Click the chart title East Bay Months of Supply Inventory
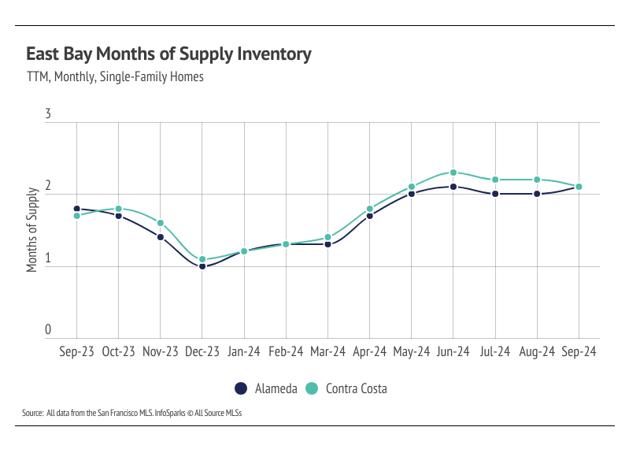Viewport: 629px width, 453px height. click(168, 54)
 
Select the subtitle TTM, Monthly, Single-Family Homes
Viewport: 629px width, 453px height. click(115, 77)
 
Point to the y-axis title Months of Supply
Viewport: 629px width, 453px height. click(32, 230)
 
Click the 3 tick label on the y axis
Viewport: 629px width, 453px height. click(48, 115)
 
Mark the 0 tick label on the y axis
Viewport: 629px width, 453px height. click(48, 331)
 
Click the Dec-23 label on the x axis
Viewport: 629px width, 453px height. click(202, 353)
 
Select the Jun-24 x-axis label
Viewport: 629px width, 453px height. click(453, 353)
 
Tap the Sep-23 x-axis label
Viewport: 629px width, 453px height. click(76, 353)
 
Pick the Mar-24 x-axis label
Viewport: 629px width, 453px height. click(327, 353)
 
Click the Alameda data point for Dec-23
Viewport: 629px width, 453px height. click(202, 266)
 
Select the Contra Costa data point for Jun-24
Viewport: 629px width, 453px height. click(453, 173)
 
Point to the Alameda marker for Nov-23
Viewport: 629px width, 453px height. click(161, 237)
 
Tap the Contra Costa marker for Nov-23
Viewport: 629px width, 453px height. click(161, 223)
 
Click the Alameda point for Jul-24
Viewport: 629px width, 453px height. click(495, 194)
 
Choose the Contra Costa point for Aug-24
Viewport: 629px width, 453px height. click(537, 180)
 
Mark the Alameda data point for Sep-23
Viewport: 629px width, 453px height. click(77, 209)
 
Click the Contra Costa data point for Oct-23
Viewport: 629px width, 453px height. click(119, 209)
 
